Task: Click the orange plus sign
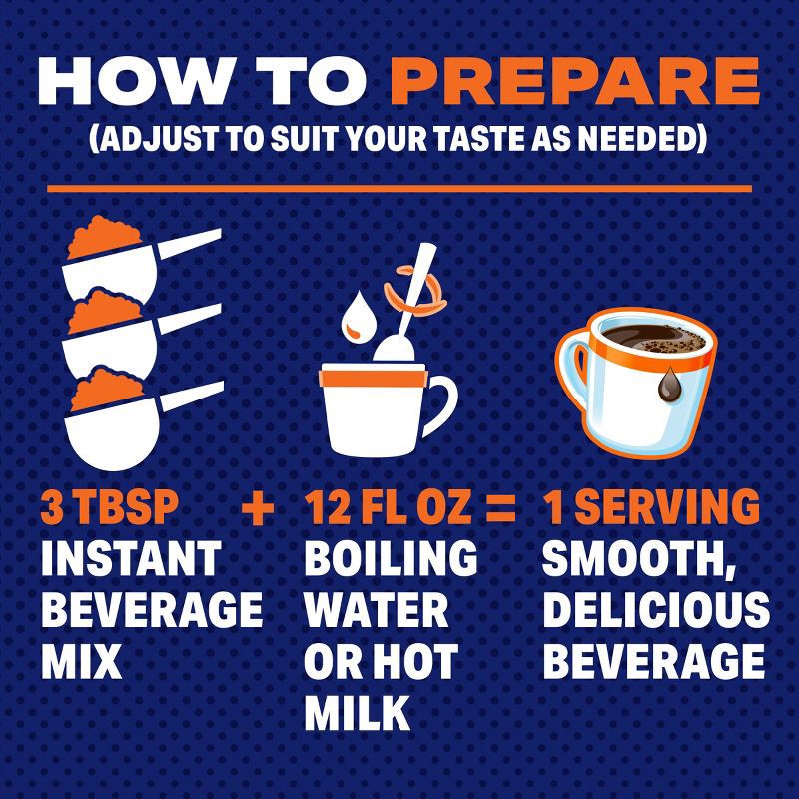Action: [x=258, y=510]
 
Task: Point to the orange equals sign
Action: [x=500, y=510]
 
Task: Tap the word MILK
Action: [x=357, y=712]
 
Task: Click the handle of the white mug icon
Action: [x=441, y=399]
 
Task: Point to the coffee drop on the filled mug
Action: [x=667, y=383]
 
